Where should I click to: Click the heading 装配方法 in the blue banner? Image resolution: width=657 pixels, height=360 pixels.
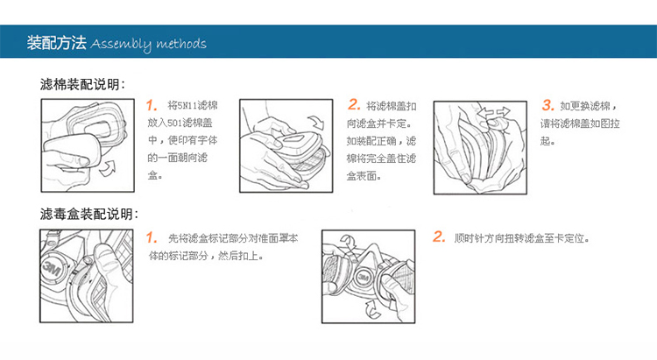coord(57,43)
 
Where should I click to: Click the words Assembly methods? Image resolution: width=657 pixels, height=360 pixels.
coord(148,44)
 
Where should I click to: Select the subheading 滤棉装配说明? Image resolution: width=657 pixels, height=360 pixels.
coord(82,84)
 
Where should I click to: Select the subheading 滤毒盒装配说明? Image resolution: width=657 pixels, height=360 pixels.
coord(88,214)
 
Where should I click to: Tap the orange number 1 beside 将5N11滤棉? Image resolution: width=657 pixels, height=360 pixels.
coord(152,105)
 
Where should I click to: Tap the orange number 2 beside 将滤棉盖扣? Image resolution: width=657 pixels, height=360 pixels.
coord(354,104)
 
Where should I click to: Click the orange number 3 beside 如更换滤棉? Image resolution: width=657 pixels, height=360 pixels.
coord(547,105)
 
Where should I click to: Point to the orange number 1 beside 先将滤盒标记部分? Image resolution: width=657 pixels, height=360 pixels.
coord(152,238)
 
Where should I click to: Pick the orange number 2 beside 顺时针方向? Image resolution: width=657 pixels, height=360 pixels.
coord(439,236)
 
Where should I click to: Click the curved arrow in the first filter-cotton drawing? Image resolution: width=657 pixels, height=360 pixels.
coord(107,168)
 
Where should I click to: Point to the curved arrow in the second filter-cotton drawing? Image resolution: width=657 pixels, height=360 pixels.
coord(317,122)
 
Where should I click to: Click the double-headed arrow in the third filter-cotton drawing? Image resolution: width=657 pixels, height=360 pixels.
coord(494,112)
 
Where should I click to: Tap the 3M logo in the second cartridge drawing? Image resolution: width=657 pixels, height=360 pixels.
coord(363,278)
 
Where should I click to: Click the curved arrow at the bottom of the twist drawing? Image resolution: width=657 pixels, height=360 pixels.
coord(372,311)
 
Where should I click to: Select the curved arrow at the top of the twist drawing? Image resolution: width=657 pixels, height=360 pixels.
coord(348,242)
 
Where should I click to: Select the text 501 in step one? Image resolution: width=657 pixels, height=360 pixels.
coord(174,123)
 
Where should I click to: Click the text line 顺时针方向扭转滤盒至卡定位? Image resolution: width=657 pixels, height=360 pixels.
coord(522,238)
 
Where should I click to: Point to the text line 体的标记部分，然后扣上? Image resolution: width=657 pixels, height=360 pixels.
coord(206,256)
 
